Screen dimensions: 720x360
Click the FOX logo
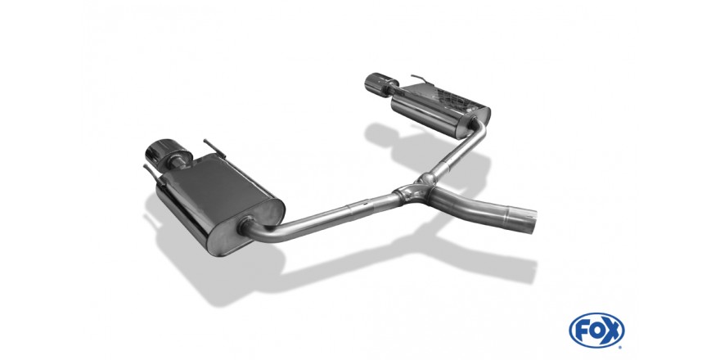(596, 330)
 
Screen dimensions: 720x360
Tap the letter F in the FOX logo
(583, 331)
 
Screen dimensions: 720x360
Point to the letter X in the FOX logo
(612, 331)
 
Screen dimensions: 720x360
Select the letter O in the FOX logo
(596, 331)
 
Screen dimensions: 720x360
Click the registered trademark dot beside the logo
(621, 347)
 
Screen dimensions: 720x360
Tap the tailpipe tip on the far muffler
(376, 83)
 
